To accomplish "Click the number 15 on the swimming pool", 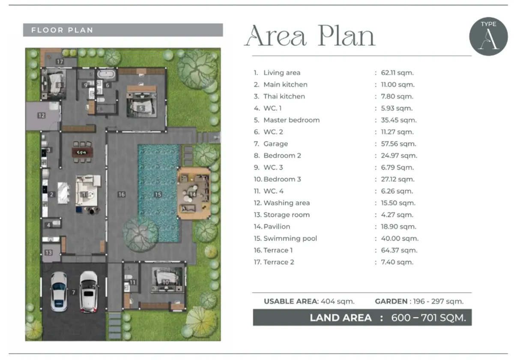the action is click(x=158, y=195).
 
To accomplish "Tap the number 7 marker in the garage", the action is click(x=73, y=292).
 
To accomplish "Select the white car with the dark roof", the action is click(x=89, y=291).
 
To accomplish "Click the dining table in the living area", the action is click(x=82, y=152).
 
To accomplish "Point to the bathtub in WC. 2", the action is click(x=106, y=74).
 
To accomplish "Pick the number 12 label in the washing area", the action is click(x=42, y=115).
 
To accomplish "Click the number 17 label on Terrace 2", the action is click(x=60, y=62).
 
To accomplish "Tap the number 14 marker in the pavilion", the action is click(x=192, y=195).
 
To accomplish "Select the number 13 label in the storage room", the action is click(x=49, y=252).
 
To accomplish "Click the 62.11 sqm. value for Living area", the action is click(x=397, y=72).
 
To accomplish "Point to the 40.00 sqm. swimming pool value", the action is click(x=400, y=238).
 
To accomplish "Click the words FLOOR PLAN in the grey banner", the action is click(x=62, y=30).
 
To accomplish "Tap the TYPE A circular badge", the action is click(x=488, y=36).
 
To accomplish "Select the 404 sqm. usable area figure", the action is click(x=338, y=301).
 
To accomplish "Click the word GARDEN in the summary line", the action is click(x=391, y=301).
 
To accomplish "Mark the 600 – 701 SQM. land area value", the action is click(x=429, y=318).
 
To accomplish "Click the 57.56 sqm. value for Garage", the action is click(x=399, y=144).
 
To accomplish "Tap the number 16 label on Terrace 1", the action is click(x=121, y=195).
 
